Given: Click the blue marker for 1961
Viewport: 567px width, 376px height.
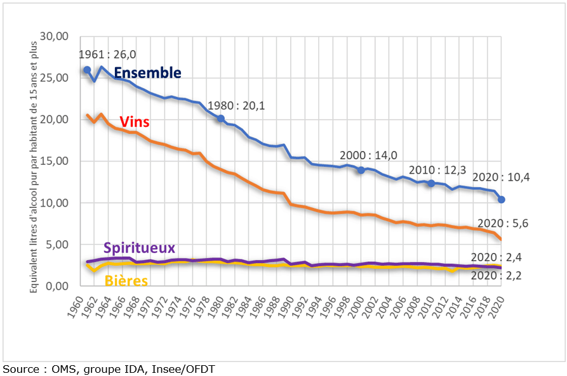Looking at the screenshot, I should tap(86, 69).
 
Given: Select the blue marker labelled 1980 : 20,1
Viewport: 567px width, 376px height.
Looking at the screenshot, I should tap(220, 119).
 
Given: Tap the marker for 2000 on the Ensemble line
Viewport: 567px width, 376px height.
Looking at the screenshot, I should tap(361, 170).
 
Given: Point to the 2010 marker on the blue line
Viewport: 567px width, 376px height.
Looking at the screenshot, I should tap(430, 183).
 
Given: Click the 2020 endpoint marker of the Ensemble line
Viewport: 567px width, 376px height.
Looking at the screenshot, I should tap(501, 200).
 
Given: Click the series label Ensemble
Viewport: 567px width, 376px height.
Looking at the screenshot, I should tap(147, 73).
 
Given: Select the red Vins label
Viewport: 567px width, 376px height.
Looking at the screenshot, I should tap(134, 122).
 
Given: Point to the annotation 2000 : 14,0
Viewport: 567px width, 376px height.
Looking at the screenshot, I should tap(369, 155).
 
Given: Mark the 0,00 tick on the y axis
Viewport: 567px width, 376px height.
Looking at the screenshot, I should tap(56, 286).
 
